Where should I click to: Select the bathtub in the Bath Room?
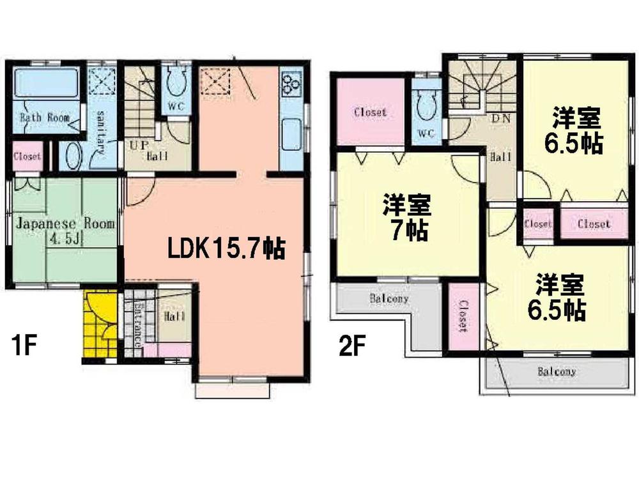click(x=45, y=82)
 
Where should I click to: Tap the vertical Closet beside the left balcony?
click(x=463, y=317)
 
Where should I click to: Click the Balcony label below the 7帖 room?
click(x=389, y=298)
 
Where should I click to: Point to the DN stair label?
click(x=500, y=118)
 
